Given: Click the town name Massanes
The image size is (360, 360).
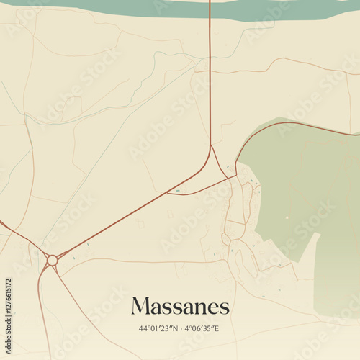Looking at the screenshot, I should pyautogui.click(x=180, y=306).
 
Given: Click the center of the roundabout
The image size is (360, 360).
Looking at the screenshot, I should pyautogui.click(x=52, y=260).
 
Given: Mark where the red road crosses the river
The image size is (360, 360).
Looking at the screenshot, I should pyautogui.click(x=210, y=9).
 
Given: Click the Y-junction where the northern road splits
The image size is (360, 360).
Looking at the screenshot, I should pyautogui.click(x=211, y=147).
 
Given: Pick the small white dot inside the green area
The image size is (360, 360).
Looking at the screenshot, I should pyautogui.click(x=287, y=217).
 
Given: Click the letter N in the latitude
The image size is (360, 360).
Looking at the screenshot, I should pyautogui.click(x=172, y=328).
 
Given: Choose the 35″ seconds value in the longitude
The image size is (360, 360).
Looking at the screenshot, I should pyautogui.click(x=207, y=328).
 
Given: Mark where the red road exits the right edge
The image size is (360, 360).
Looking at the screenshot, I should pyautogui.click(x=358, y=133).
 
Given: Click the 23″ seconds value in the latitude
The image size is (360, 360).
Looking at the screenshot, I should pyautogui.click(x=165, y=328).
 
